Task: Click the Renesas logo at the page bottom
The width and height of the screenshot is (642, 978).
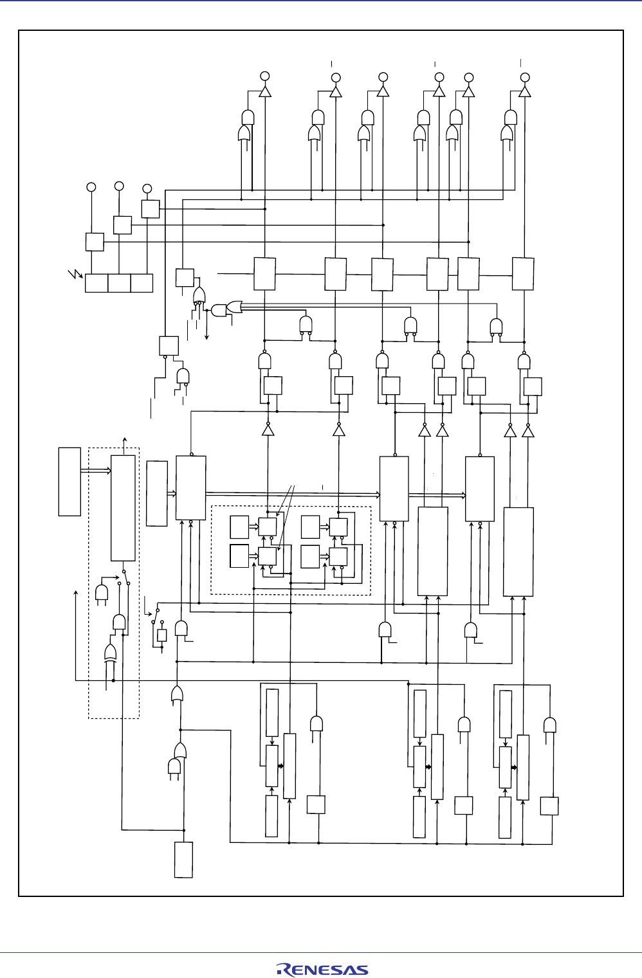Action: tap(322, 970)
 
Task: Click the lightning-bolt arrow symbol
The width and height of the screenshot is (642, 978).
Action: tap(76, 275)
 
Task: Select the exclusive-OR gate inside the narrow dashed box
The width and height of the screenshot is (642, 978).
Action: tap(110, 653)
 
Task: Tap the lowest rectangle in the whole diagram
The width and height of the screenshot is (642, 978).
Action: tap(183, 860)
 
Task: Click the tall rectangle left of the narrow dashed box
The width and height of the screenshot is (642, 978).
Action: tap(69, 482)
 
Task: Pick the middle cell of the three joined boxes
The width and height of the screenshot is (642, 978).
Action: tap(119, 283)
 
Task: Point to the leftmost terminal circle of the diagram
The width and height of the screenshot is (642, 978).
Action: tap(91, 186)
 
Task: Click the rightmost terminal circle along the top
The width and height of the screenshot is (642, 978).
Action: tap(525, 77)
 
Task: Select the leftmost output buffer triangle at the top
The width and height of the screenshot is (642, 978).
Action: tap(264, 91)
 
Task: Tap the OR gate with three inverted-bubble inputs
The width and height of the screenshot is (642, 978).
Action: tap(199, 295)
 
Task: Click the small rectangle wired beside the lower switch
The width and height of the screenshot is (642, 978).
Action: tap(162, 635)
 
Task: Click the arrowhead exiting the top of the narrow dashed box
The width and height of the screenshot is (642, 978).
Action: tap(124, 437)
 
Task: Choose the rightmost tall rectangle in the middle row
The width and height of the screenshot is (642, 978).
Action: tap(518, 552)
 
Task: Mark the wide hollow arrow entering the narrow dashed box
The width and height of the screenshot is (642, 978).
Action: tap(95, 471)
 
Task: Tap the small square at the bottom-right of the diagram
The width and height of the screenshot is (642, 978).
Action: tap(549, 806)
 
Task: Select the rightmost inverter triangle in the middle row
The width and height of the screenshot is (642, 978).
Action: tap(527, 431)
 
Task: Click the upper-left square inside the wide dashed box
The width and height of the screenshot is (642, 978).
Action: tap(239, 527)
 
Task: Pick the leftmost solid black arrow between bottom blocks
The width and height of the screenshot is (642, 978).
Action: tap(280, 766)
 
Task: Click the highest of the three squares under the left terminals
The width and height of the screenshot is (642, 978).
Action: tap(150, 209)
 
